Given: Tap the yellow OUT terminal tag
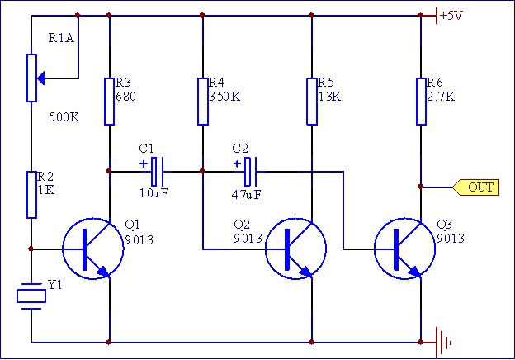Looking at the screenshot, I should [x=478, y=187].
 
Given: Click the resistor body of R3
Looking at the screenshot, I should [x=109, y=102].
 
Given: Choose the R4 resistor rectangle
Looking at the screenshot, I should [x=202, y=102].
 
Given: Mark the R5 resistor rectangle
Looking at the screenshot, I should [x=312, y=102].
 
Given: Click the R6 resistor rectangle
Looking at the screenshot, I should [x=421, y=102].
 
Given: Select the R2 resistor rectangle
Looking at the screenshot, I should [x=31, y=195].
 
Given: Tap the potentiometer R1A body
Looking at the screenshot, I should [x=31, y=78].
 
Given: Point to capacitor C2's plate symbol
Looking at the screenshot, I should [x=253, y=171].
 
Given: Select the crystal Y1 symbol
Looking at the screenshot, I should [x=31, y=295].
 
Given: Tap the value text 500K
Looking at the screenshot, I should [x=64, y=117].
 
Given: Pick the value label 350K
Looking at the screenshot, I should [x=224, y=96].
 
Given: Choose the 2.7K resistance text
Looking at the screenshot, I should [x=441, y=96].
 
